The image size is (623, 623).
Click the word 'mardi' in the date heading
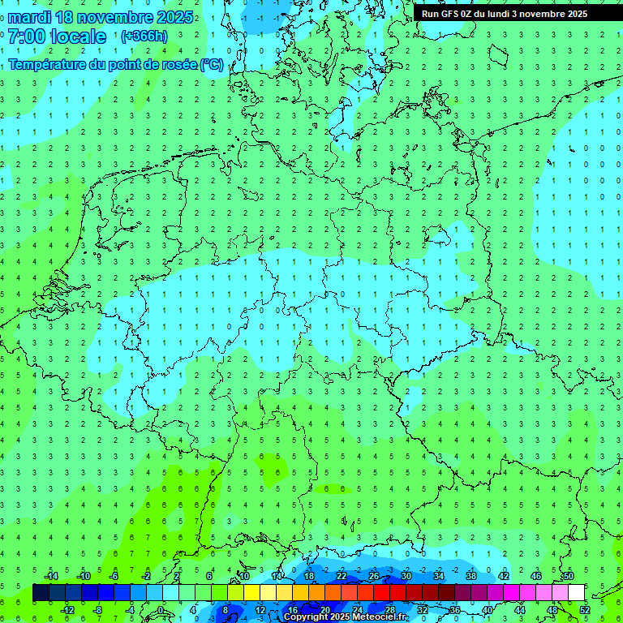point(31,17)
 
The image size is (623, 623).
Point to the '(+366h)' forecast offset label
point(144,37)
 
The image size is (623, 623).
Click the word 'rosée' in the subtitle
point(170,65)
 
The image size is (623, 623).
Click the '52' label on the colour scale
point(585,610)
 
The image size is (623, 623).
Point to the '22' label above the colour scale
point(342,576)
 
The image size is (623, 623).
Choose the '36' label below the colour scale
point(455,610)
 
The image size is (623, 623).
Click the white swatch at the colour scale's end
point(576,593)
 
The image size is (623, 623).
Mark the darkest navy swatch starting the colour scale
point(41,593)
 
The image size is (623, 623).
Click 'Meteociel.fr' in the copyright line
point(374,617)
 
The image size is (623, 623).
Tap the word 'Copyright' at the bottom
point(305,617)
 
